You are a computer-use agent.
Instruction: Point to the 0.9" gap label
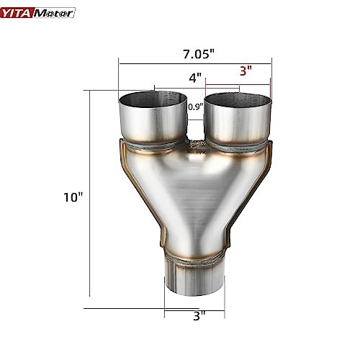(194, 107)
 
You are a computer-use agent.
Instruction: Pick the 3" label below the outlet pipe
(199, 315)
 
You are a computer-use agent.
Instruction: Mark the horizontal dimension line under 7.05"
(194, 64)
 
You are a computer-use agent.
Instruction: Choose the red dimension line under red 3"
(255, 81)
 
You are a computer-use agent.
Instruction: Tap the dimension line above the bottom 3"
(194, 308)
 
